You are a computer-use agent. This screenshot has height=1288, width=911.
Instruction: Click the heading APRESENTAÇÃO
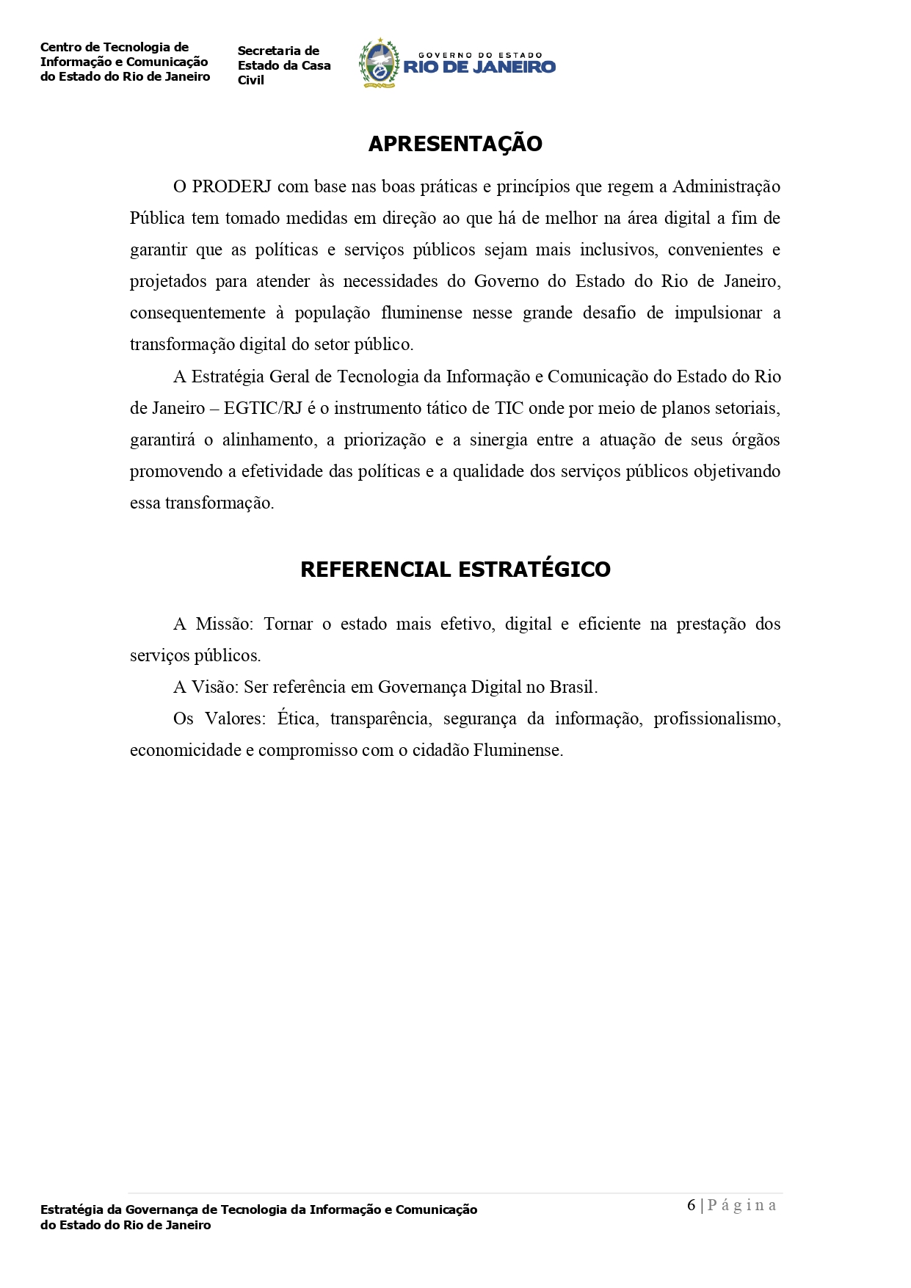click(x=455, y=144)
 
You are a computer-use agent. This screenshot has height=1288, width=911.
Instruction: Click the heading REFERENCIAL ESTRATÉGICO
click(x=455, y=570)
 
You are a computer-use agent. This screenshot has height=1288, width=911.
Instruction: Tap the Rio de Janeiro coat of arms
click(x=378, y=64)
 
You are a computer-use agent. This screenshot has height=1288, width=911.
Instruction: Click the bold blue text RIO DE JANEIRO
click(x=479, y=68)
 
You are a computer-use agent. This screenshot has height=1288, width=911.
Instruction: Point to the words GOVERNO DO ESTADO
click(x=479, y=55)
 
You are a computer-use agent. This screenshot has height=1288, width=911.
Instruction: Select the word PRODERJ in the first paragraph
click(x=232, y=186)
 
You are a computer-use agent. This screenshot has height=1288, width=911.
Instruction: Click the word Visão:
click(x=215, y=687)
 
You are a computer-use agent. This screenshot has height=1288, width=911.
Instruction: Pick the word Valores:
click(x=236, y=718)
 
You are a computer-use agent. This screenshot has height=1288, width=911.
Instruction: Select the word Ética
click(x=297, y=718)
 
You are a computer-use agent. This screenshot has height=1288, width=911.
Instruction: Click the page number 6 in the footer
click(x=691, y=1205)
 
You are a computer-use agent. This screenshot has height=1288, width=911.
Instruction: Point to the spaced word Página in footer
click(x=741, y=1205)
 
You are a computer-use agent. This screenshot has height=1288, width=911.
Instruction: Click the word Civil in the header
click(x=251, y=80)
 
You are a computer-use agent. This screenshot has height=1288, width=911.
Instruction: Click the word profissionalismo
click(x=716, y=718)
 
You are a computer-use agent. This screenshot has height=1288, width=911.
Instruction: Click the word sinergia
click(x=498, y=440)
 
